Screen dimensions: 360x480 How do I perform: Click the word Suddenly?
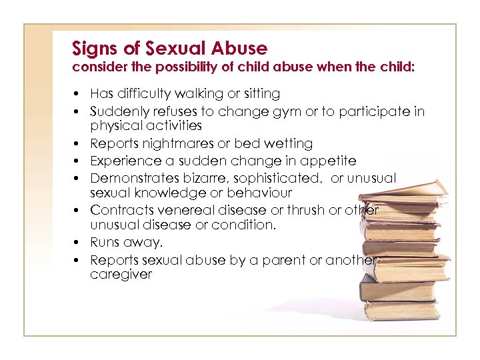pos(119,111)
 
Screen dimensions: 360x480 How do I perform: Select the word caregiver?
pos(121,275)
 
